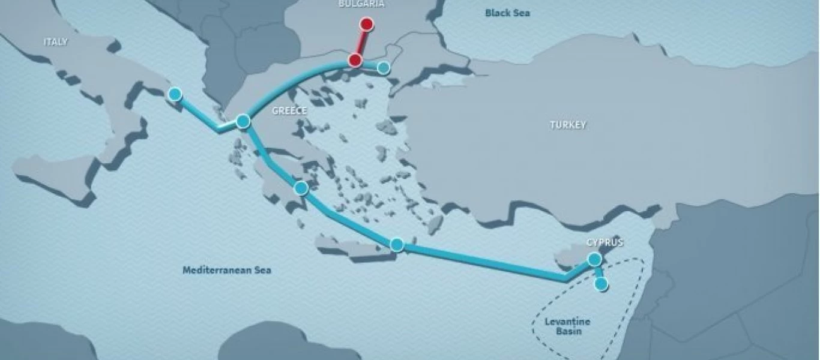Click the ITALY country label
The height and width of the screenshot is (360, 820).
56,42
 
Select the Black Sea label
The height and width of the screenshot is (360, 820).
508,13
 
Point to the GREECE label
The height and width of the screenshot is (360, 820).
289,110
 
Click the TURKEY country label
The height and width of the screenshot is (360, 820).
568,125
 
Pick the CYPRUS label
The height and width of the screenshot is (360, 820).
604,243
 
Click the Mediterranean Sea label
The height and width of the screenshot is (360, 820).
226,270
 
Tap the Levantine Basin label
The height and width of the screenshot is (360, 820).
567,326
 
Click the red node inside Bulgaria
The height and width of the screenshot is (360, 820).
366,25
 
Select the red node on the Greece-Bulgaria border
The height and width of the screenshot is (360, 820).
355,60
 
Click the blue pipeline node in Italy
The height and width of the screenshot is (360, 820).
175,94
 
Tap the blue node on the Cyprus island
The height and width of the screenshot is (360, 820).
594,259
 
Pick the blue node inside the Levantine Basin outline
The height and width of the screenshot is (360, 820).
601,284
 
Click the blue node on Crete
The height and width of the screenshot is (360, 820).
396,244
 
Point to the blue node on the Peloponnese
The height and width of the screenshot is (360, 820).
301,188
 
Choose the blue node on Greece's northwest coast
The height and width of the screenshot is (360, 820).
243,121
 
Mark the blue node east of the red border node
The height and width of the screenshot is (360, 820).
384,68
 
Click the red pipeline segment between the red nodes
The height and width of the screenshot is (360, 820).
361,43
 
